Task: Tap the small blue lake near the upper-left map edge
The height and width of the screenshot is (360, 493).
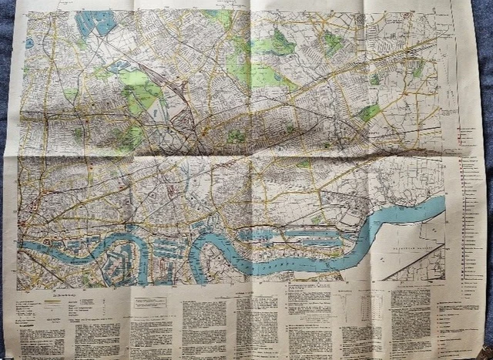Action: pos(29,43)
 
